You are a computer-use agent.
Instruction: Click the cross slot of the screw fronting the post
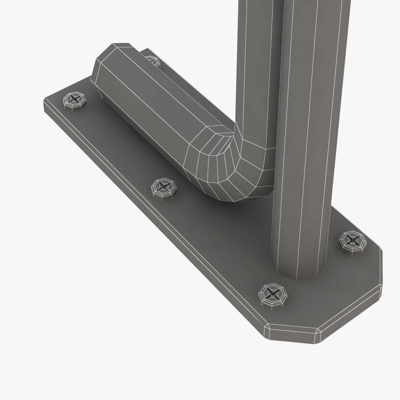(274, 293)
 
